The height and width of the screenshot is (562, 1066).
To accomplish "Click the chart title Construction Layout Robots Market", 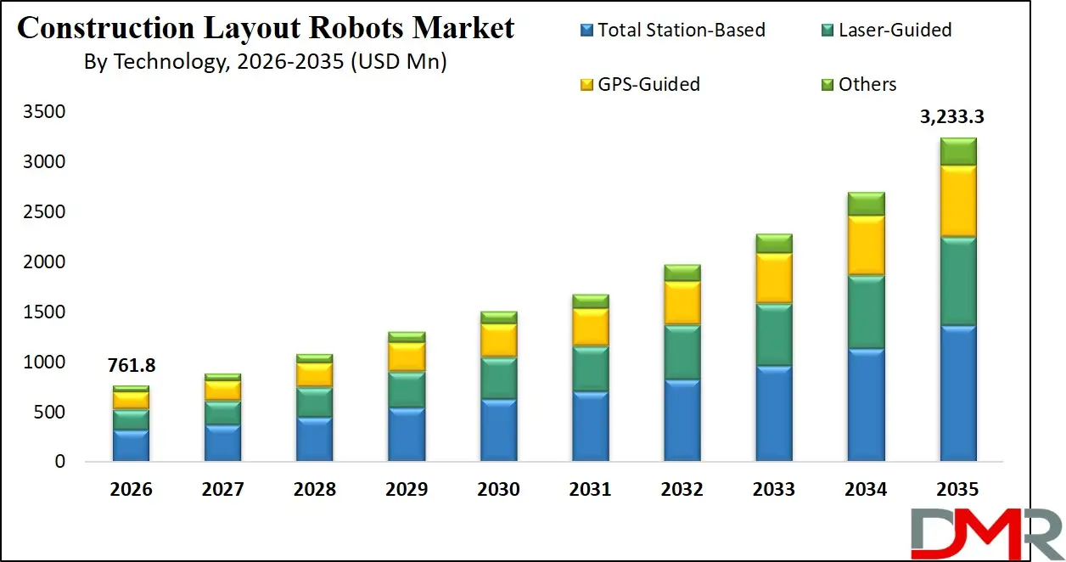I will click(x=266, y=28).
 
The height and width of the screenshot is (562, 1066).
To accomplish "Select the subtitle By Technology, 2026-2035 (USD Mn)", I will click(x=265, y=62).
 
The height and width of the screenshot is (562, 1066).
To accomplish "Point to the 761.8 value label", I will click(x=132, y=366).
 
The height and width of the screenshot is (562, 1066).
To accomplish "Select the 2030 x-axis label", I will click(x=498, y=490).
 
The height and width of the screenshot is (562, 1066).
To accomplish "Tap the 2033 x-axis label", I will click(x=774, y=490).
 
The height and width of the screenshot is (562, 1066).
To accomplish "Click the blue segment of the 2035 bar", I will click(x=958, y=393).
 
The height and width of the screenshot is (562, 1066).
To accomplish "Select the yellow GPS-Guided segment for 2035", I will click(x=958, y=200).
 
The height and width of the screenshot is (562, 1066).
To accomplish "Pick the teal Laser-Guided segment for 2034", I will click(x=866, y=312).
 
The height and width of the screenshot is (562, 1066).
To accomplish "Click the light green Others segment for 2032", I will click(x=682, y=273).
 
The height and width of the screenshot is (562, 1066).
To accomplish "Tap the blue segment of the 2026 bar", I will click(x=132, y=446).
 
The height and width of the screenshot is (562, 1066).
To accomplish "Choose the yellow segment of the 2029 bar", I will click(x=407, y=357).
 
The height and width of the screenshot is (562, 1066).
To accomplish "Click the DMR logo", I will click(x=985, y=531).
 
